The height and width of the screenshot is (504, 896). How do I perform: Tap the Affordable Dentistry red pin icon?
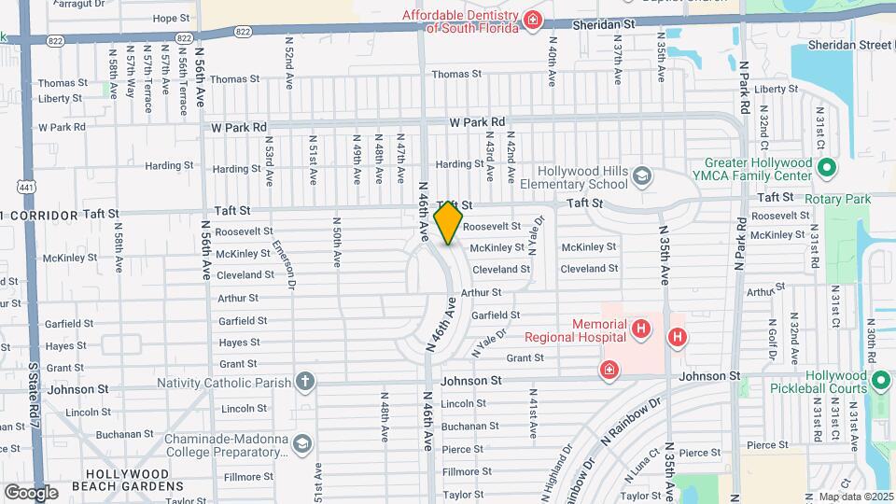point(532,21)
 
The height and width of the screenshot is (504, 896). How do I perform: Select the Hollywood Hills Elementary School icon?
point(642,176)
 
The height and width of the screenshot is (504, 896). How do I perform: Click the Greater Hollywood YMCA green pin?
point(825,169)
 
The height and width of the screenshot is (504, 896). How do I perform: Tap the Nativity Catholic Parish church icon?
point(304,381)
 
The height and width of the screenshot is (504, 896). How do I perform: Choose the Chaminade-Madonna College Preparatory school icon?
point(301,444)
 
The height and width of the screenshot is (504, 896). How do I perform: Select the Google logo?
point(31,492)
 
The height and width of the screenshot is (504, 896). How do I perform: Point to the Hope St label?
point(171,18)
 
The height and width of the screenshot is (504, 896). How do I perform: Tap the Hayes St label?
point(239,343)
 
